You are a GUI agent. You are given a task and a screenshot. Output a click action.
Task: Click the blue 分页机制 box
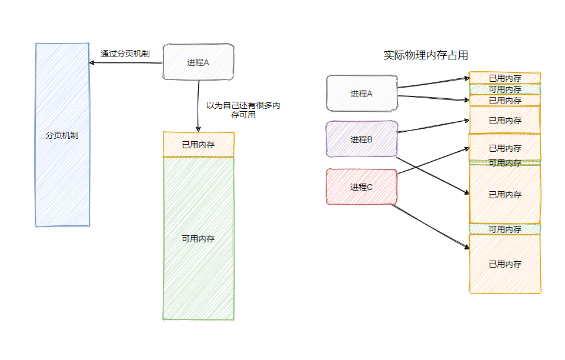(x=62, y=135)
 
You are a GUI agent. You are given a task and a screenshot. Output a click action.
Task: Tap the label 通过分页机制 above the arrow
(x=125, y=54)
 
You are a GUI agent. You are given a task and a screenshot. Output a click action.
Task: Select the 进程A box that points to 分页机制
(x=198, y=62)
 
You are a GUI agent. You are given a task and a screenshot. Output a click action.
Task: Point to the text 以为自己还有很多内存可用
(x=242, y=111)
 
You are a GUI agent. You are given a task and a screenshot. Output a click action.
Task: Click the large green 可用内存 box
(x=198, y=239)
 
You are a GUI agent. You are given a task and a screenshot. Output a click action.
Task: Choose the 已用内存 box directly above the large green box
(x=198, y=144)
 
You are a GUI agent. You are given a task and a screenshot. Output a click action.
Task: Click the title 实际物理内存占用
(x=426, y=55)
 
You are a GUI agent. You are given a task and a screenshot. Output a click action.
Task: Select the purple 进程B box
(x=362, y=139)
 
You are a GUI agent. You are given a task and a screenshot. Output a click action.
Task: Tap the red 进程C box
(x=362, y=187)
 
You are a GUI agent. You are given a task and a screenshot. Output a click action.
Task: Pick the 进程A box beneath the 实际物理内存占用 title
(x=362, y=93)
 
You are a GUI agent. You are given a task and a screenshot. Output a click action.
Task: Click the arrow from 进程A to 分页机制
(x=126, y=62)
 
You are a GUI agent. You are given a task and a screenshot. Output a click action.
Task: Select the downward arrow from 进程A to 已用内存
(x=199, y=106)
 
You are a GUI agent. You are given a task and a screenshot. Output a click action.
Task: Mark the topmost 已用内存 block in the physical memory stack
(x=505, y=78)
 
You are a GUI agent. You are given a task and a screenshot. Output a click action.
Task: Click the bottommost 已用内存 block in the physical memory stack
(x=505, y=264)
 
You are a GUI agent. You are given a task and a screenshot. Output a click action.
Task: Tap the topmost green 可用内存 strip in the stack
(x=505, y=89)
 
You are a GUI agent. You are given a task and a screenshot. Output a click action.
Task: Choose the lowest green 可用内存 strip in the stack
(x=505, y=229)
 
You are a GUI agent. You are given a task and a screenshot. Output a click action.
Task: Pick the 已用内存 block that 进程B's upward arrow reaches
(x=505, y=121)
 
